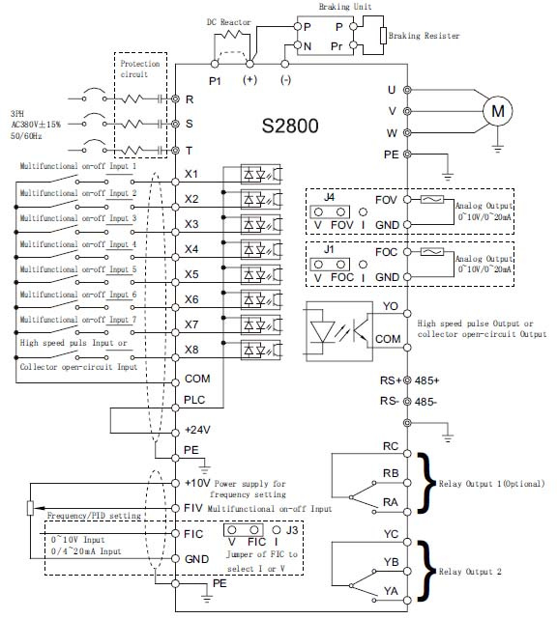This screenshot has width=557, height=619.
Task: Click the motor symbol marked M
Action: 498,111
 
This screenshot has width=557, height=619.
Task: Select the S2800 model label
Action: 290,126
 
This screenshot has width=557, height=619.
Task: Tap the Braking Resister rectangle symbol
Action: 383,36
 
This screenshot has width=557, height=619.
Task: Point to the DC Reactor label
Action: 229,22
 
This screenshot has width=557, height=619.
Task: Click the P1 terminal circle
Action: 215,64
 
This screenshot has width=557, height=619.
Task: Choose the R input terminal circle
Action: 176,98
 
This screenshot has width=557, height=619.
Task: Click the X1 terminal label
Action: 191,174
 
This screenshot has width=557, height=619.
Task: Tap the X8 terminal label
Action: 191,350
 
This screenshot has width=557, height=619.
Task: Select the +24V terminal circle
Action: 176,433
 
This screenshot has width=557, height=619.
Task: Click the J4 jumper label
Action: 329,197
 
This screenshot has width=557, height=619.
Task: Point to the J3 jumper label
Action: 292,530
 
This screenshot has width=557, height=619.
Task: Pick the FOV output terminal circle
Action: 407,200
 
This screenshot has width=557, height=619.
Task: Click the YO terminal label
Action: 391,306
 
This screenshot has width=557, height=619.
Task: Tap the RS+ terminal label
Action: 391,380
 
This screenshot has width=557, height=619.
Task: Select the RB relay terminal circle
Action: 407,483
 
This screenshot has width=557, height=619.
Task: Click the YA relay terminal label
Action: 391,591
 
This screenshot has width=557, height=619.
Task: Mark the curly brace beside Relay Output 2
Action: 425,572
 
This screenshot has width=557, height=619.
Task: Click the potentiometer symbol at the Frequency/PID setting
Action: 30,508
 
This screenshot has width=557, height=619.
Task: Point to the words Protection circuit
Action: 140,69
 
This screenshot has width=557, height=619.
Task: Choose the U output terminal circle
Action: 407,90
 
